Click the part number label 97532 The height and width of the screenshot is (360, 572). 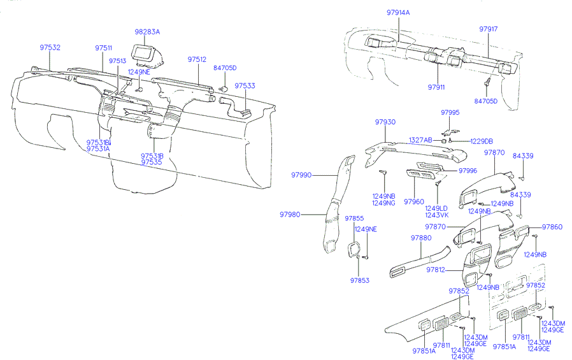pos(50,48)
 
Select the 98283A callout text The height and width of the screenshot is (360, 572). pos(147,31)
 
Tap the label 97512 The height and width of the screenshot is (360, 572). pos(197,59)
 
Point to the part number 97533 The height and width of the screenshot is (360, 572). pos(245,85)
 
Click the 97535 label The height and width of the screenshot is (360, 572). pos(152,162)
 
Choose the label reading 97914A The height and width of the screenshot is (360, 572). pos(399,12)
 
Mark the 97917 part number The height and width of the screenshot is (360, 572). pos(489,29)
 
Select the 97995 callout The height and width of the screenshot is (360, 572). pos(450,113)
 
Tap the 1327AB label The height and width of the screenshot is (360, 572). pos(420,140)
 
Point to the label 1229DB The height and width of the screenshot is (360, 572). pos(482,141)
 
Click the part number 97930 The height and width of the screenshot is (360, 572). pos(385,122)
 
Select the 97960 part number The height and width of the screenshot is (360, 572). pos(413,201)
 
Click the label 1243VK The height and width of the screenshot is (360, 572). pos(437,215)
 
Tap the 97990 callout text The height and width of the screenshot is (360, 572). pos(302,175)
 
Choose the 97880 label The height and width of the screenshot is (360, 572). pos(421,238)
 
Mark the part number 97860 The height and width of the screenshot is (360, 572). pos(552,227)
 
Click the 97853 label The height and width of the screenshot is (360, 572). pos(359,280)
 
